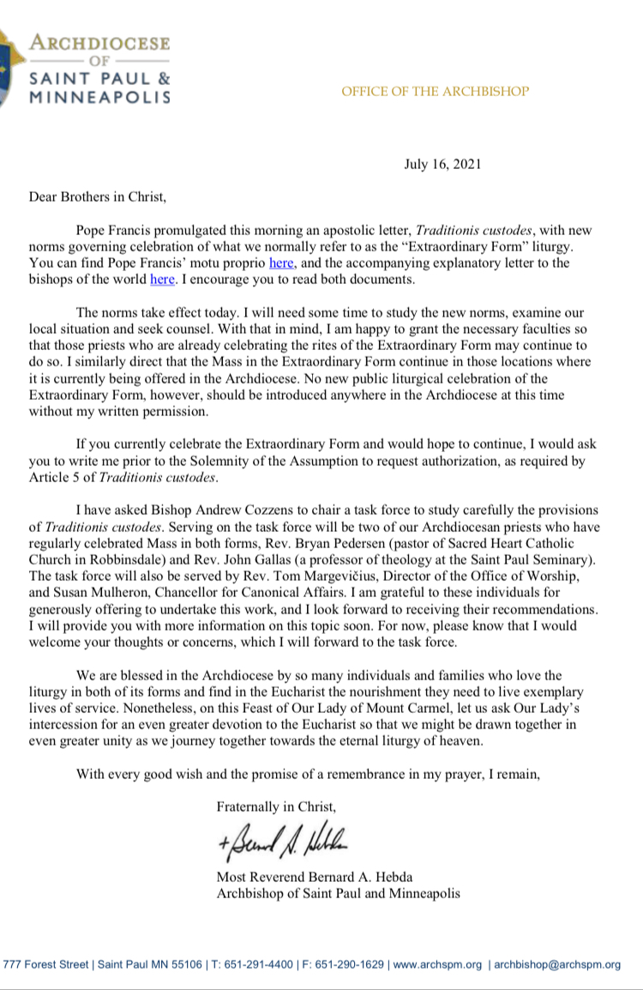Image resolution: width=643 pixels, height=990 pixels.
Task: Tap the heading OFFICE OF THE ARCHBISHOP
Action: pyautogui.click(x=435, y=92)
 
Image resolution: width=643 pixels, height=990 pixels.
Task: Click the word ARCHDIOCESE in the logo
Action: pyautogui.click(x=99, y=43)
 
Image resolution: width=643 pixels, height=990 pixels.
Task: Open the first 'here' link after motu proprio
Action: pyautogui.click(x=281, y=263)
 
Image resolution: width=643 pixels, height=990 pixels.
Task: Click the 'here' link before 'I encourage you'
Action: pyautogui.click(x=162, y=280)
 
